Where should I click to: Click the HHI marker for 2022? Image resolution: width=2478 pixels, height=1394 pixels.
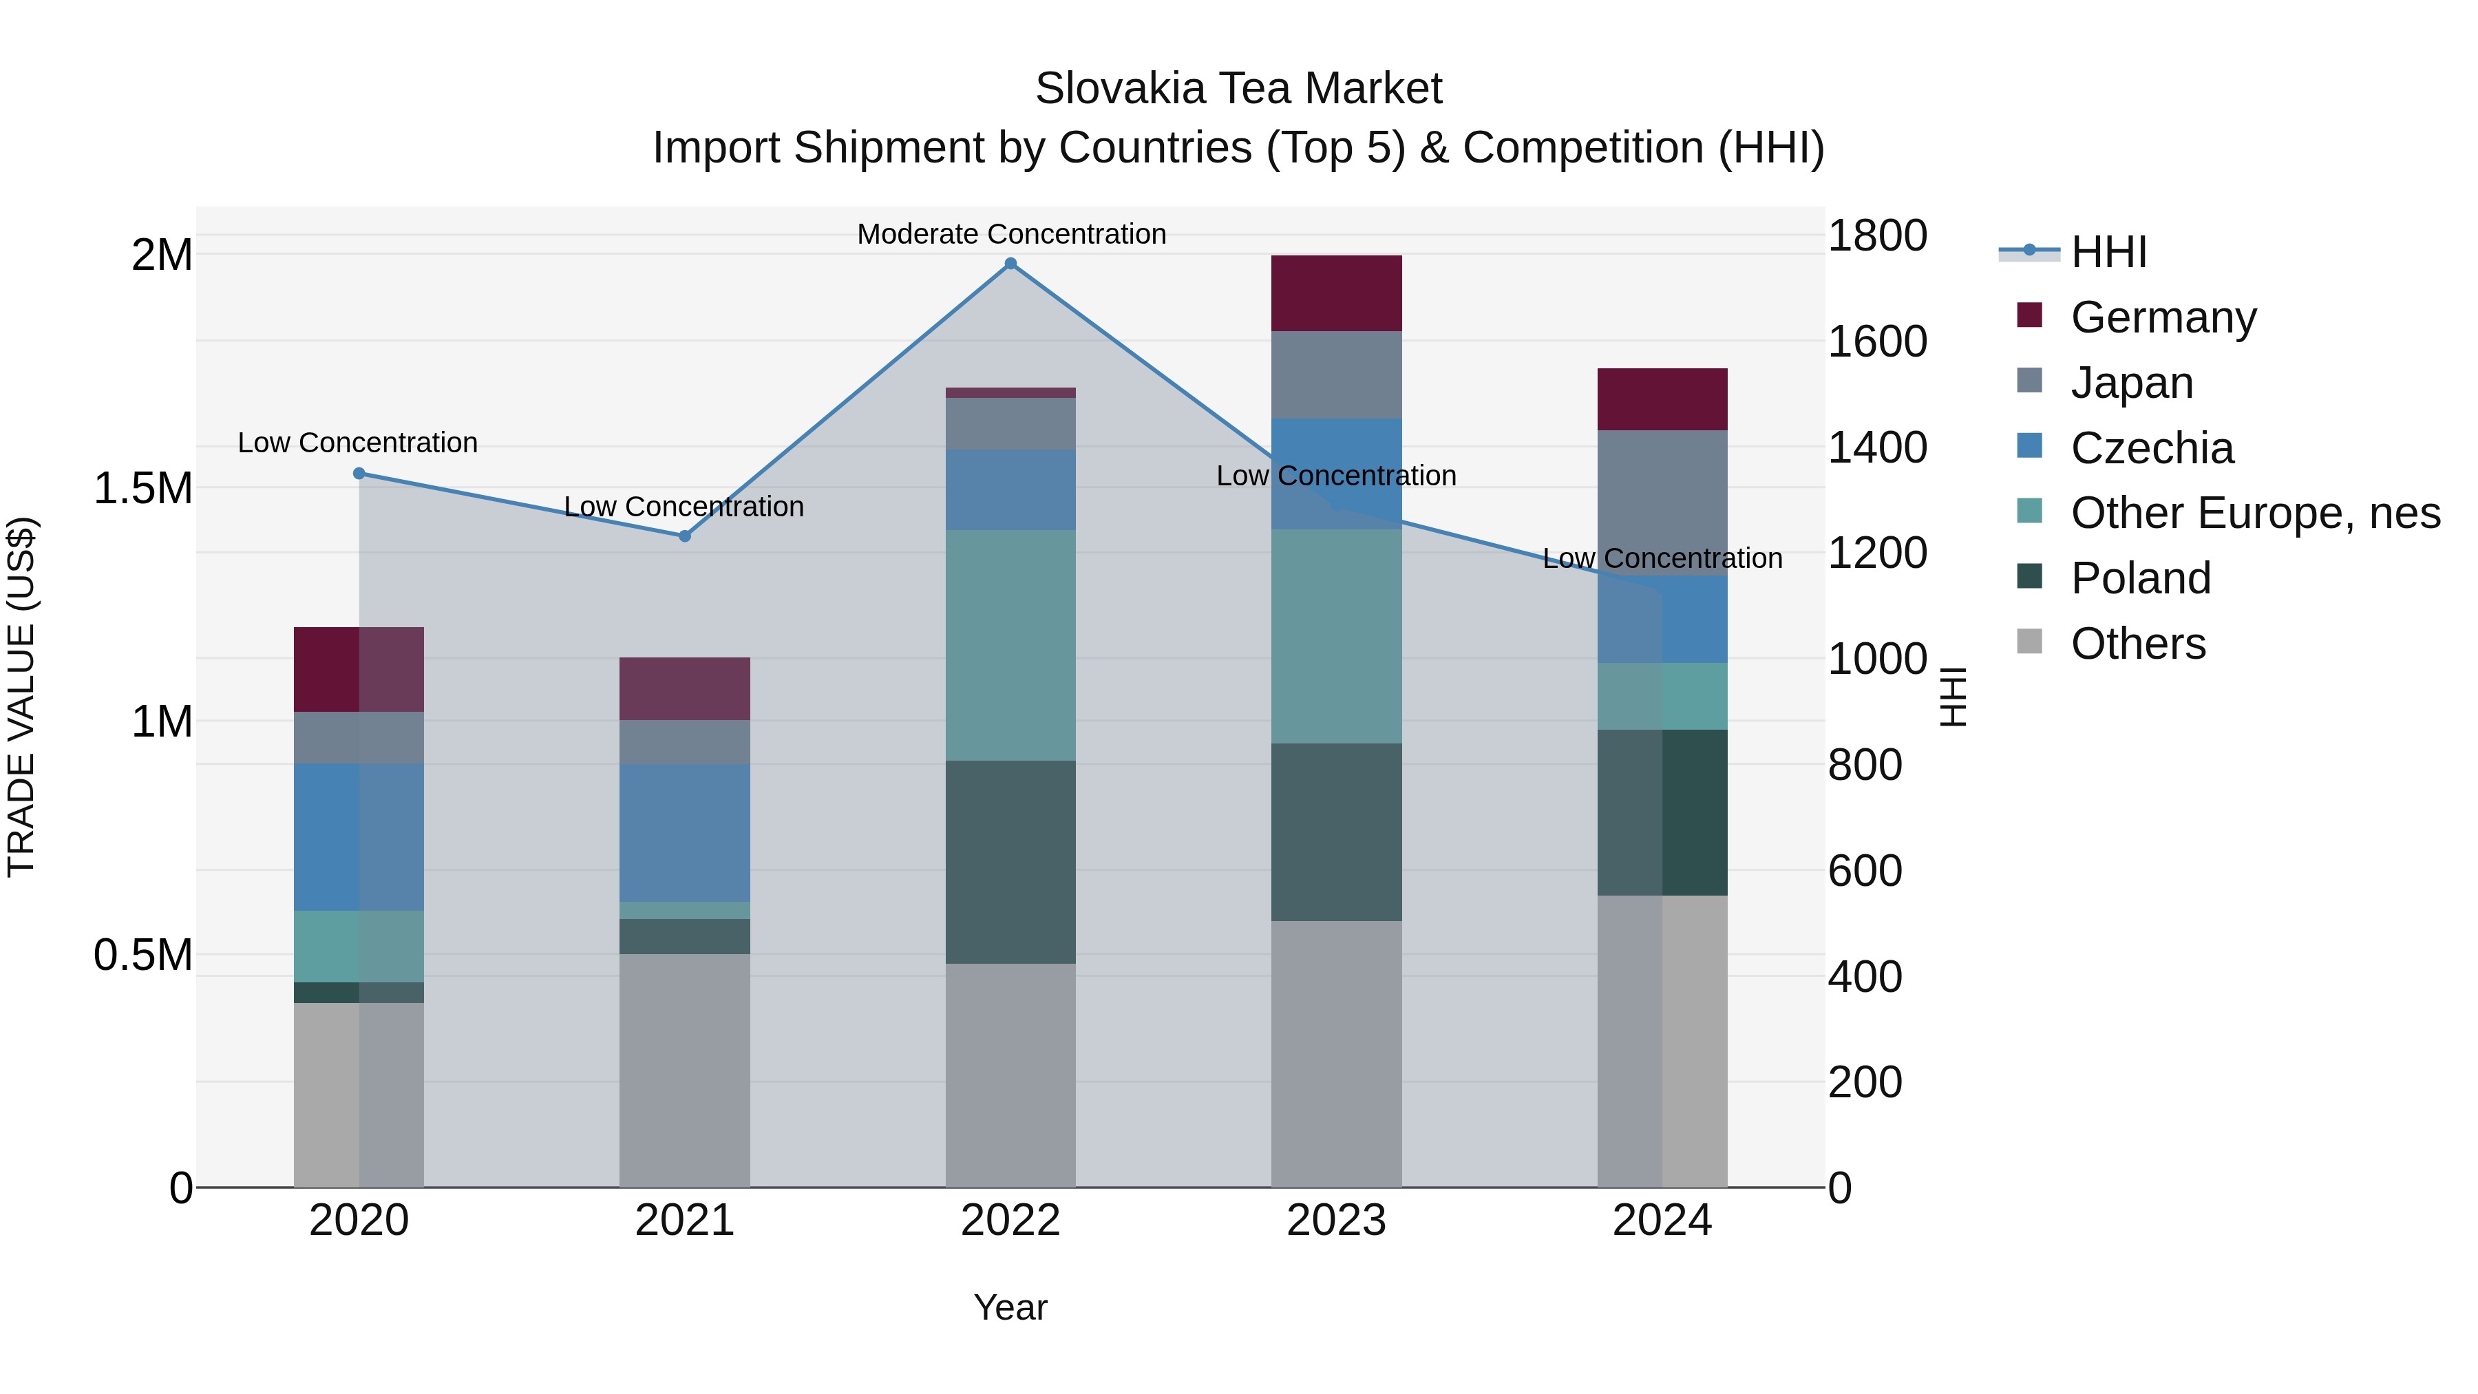(1010, 264)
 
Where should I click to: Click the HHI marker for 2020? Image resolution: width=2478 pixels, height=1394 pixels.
(359, 474)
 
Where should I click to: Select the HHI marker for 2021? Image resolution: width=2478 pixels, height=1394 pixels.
(685, 536)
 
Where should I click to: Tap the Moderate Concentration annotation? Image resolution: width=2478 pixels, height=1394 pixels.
(1011, 234)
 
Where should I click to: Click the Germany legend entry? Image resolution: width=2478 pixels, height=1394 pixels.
(2163, 317)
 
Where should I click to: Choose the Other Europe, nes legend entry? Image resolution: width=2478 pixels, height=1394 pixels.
(2255, 513)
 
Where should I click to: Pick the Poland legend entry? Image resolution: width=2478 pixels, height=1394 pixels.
(2140, 578)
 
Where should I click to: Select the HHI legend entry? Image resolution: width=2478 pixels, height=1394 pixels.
(2108, 252)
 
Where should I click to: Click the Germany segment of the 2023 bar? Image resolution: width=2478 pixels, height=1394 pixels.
(1336, 293)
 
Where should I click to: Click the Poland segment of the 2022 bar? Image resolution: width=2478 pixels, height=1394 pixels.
(1010, 861)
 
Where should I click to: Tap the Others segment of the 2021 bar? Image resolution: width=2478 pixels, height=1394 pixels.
(685, 1070)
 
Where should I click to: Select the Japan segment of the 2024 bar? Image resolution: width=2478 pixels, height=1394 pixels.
(1662, 500)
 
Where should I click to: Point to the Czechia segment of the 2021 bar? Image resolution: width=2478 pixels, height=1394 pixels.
(685, 832)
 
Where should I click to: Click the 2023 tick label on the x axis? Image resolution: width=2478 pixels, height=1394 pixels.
(1336, 1221)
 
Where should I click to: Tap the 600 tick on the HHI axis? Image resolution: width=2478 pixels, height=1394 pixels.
(1864, 871)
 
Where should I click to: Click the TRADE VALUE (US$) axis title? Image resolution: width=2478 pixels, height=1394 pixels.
(21, 697)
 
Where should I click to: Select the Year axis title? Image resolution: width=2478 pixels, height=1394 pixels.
(1010, 1307)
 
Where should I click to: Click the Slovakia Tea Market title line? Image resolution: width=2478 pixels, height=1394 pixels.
(1238, 89)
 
